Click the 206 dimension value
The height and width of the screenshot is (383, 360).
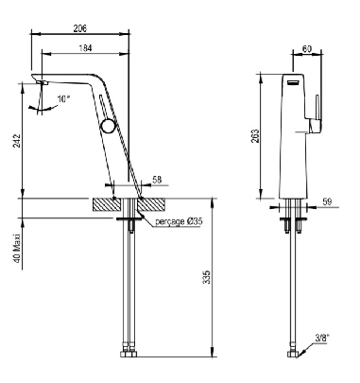coord(80,28)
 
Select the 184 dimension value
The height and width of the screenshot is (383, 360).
coord(85,48)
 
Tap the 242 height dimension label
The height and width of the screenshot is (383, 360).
coord(18,141)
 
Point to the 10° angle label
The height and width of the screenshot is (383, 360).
coord(62,98)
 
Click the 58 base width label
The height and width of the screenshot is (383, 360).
coord(157,180)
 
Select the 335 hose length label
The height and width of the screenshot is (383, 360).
coord(206,277)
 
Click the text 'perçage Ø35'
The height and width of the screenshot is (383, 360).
coord(179,221)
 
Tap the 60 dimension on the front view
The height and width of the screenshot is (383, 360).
coord(307,49)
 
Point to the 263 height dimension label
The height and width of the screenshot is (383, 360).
coord(255,136)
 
